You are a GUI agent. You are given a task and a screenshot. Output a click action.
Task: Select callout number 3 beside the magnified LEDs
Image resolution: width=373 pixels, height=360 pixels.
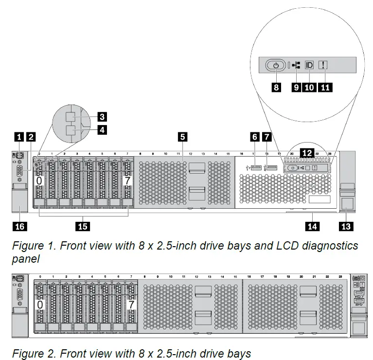[102, 117]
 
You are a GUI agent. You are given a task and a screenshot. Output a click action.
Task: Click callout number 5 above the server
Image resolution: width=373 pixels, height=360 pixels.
[182, 137]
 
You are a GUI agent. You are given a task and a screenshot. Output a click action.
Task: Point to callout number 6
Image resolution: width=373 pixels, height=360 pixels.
[254, 137]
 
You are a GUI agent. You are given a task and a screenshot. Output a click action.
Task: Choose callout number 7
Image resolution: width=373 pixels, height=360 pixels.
[266, 137]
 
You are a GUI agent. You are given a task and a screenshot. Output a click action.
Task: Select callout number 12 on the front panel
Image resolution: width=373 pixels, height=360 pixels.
[306, 153]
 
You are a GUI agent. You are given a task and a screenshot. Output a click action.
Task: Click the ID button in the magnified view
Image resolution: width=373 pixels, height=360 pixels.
[309, 65]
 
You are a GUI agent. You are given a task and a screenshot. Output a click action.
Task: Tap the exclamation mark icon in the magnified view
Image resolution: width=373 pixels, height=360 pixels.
[324, 65]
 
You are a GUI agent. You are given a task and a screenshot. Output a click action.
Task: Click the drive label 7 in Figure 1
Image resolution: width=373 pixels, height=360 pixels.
[128, 181]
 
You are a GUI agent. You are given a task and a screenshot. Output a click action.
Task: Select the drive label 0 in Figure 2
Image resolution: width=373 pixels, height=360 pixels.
[40, 305]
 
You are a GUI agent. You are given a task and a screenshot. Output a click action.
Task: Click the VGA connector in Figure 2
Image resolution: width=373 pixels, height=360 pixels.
[19, 294]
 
